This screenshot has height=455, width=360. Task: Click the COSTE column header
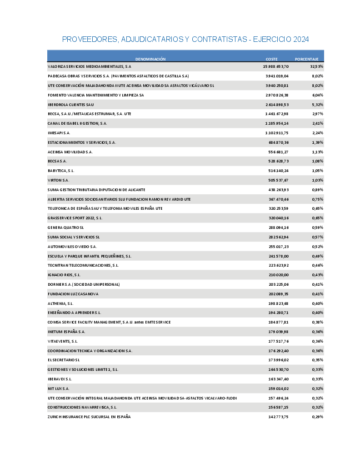pos(271,59)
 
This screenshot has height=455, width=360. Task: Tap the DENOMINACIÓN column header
pos(150,59)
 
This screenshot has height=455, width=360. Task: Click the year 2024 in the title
pos(301,40)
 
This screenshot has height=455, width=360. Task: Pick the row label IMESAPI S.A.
pos(59,133)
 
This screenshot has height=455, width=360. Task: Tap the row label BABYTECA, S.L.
pos(61,171)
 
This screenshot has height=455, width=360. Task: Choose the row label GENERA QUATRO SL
pos(66,227)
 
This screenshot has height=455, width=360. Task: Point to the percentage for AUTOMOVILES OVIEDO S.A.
pos(317,247)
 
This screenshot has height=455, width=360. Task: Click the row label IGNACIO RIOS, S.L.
pos(64,275)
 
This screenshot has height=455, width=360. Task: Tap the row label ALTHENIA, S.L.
pos(60,303)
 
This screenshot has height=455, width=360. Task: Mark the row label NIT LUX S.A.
pos(59,389)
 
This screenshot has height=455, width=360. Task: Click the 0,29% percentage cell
pos(317,417)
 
